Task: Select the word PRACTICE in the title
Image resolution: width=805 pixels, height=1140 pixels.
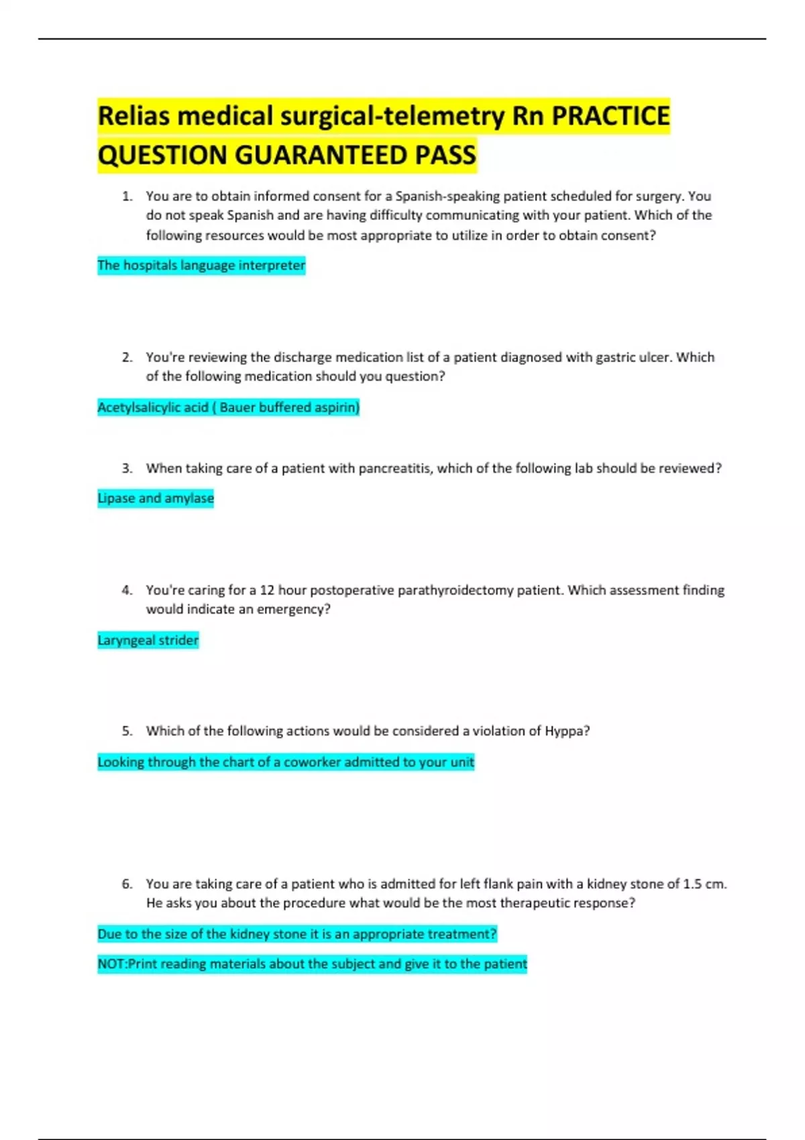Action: coord(610,116)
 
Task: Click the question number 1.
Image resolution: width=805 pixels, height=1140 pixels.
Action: coord(127,196)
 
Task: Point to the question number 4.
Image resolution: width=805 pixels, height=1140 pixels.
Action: coord(127,590)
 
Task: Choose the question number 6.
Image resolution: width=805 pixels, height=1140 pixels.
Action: coord(127,884)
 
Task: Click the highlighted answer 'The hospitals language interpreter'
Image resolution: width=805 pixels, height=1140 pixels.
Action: coord(201,266)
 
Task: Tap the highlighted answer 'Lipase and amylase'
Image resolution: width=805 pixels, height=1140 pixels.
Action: coord(156,498)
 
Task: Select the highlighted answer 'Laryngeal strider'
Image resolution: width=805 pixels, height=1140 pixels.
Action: coord(148,640)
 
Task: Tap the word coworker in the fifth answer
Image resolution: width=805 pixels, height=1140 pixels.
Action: coord(312,762)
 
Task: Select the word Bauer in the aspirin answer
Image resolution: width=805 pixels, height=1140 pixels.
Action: coord(237,408)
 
